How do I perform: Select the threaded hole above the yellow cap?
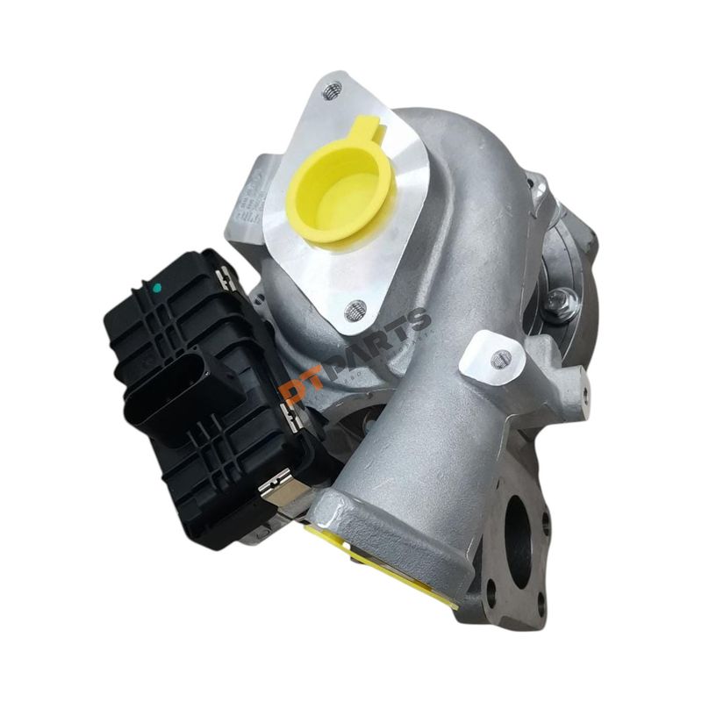coord(331,90)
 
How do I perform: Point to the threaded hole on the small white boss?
coord(501,358)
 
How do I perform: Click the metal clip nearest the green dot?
coord(223,280)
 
